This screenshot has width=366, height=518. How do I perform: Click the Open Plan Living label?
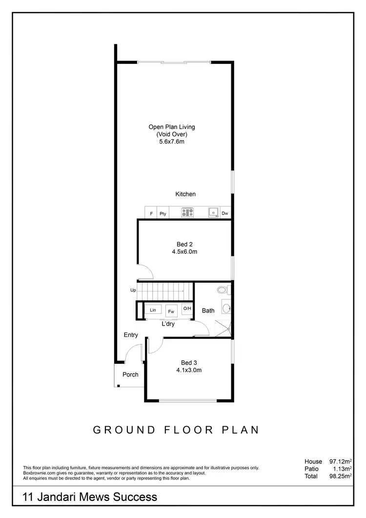172,127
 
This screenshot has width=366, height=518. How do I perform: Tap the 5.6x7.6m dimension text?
172,142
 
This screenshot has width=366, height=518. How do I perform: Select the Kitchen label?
185,194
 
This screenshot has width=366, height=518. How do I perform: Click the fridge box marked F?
151,213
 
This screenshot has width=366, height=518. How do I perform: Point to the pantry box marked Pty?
163,213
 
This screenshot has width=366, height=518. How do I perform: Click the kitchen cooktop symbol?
188,213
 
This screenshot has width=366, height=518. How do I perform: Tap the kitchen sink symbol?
213,212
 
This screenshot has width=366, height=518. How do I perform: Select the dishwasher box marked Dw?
225,213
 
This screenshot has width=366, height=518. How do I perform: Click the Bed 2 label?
184,244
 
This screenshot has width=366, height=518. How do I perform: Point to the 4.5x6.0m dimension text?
184,252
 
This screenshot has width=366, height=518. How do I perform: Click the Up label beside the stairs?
133,290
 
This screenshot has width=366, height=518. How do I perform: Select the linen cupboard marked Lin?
153,310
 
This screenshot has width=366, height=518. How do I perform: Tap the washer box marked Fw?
171,311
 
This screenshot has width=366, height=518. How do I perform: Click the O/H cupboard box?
187,309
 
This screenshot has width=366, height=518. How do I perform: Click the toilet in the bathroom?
223,290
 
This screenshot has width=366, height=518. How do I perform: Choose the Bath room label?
208,311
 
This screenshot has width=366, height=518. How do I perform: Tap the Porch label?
130,374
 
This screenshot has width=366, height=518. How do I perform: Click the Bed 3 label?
189,362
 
